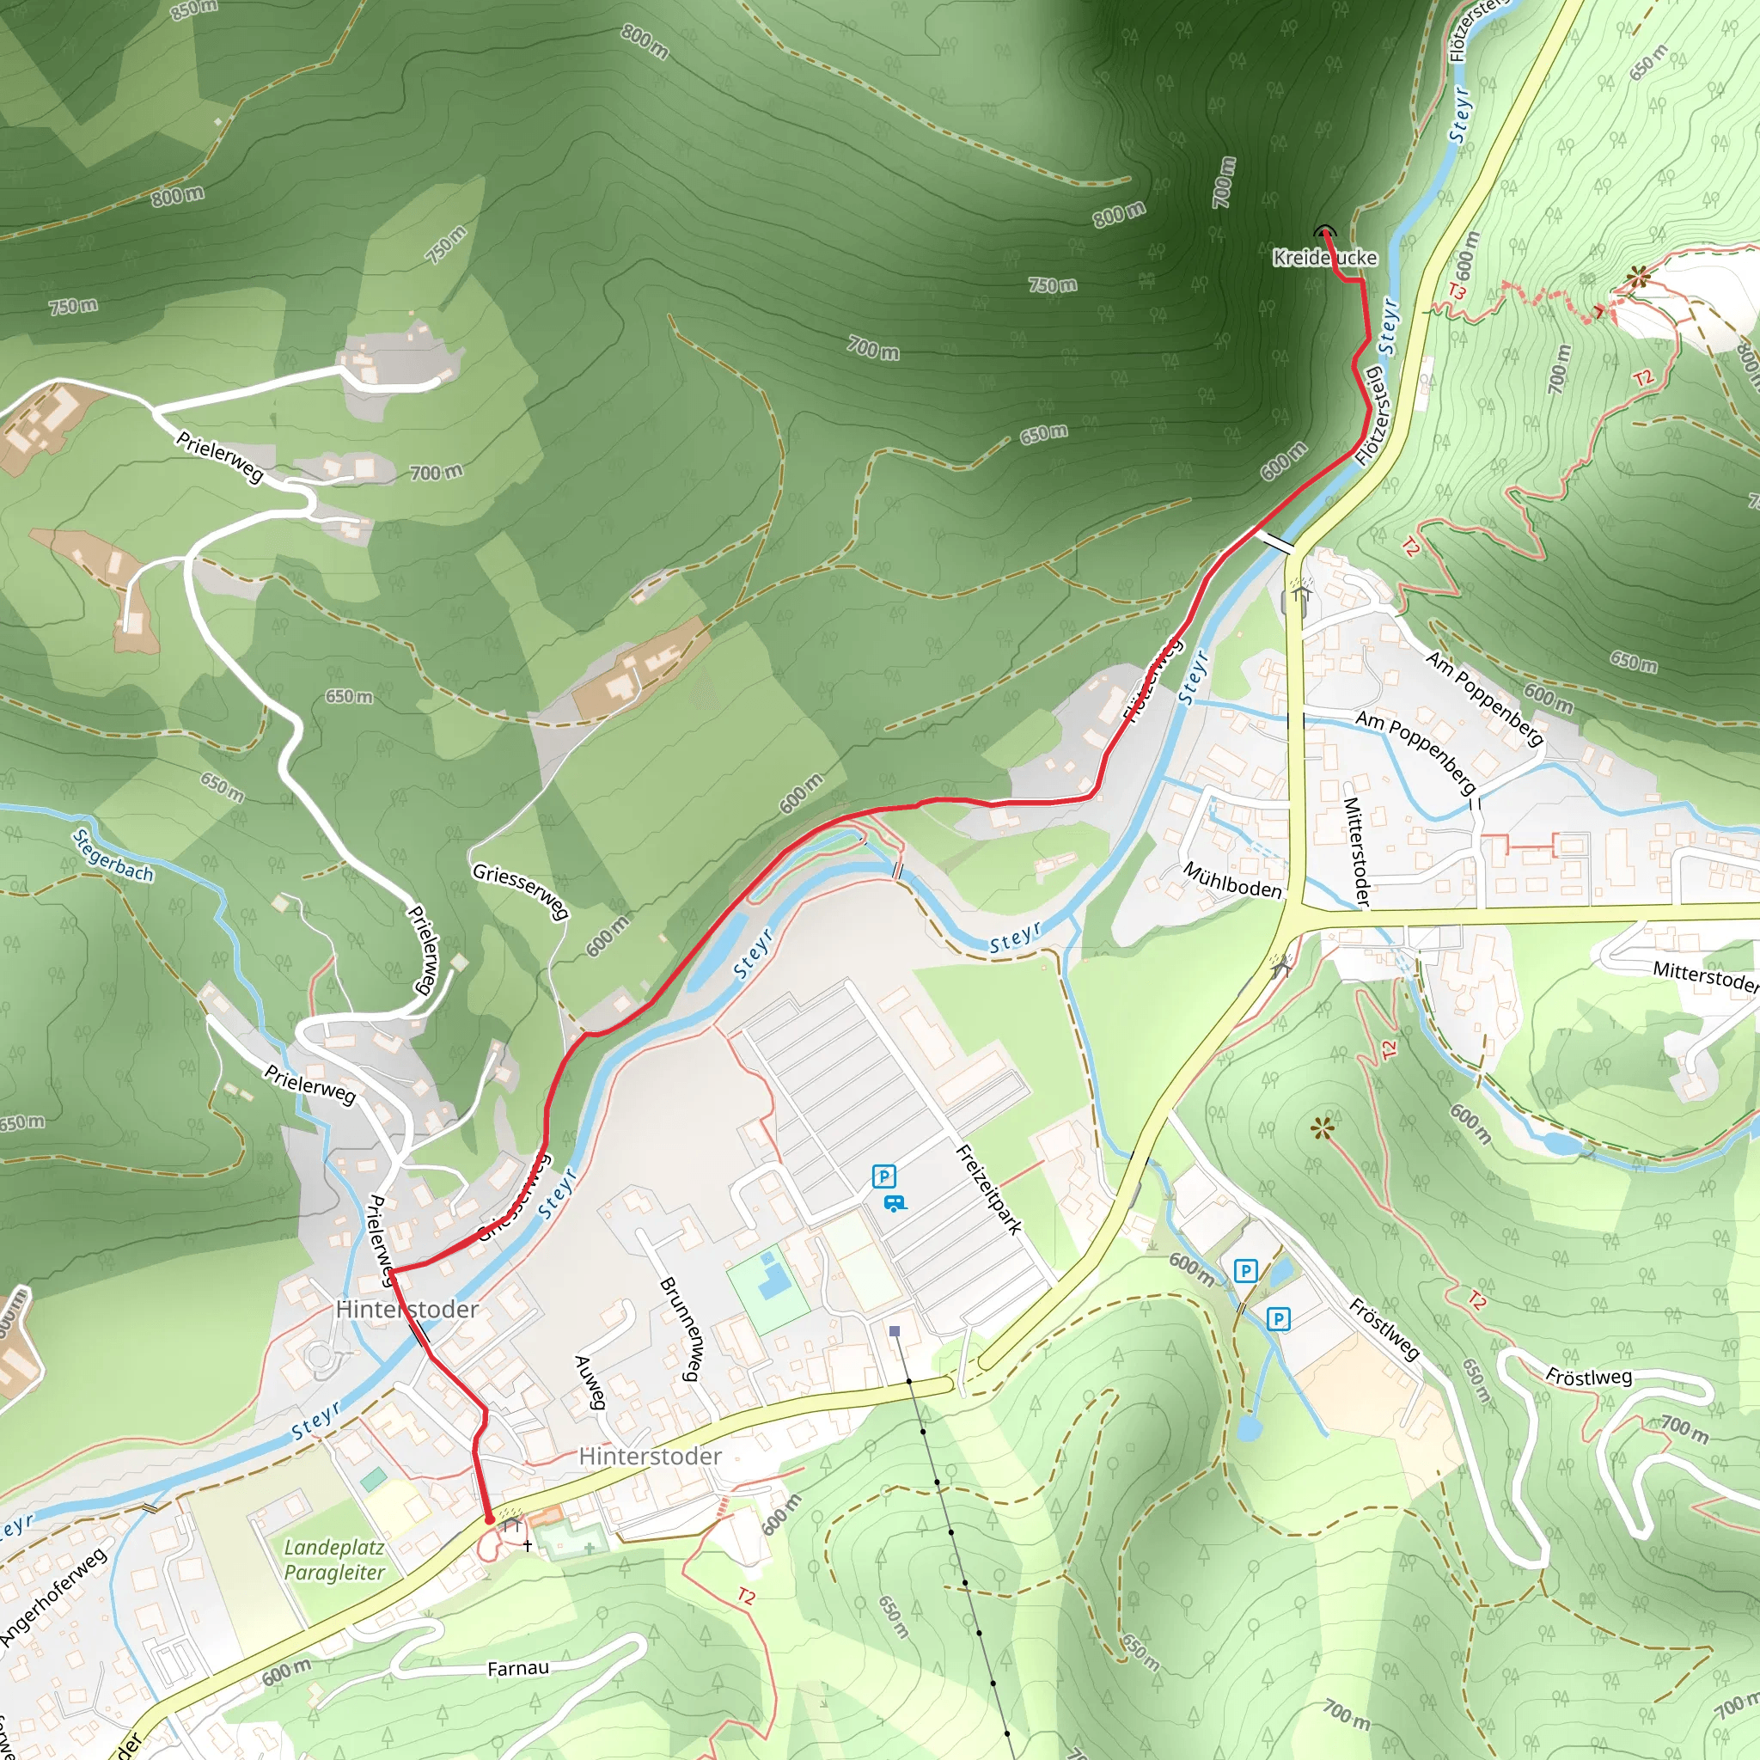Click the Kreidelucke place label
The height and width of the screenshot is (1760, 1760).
(1324, 258)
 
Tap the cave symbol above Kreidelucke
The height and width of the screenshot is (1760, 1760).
(1323, 231)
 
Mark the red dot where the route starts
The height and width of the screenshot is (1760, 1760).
(489, 1519)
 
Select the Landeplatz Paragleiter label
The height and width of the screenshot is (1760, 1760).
(334, 1560)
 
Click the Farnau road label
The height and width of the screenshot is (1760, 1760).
(517, 1668)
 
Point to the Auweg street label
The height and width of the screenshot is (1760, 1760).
(590, 1383)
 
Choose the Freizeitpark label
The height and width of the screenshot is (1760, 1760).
(988, 1189)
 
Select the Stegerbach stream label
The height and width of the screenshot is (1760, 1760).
(113, 855)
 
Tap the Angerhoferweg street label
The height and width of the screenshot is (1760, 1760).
(52, 1596)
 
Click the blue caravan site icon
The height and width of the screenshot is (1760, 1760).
(895, 1203)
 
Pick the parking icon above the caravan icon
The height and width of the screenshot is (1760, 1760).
(883, 1176)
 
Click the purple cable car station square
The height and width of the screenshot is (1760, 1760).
(895, 1331)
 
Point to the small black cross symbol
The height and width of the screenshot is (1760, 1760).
(528, 1546)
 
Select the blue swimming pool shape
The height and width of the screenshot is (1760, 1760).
(773, 1277)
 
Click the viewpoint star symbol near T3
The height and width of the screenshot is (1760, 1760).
(1639, 277)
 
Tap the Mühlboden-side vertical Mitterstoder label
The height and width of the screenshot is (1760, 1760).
(1356, 852)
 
